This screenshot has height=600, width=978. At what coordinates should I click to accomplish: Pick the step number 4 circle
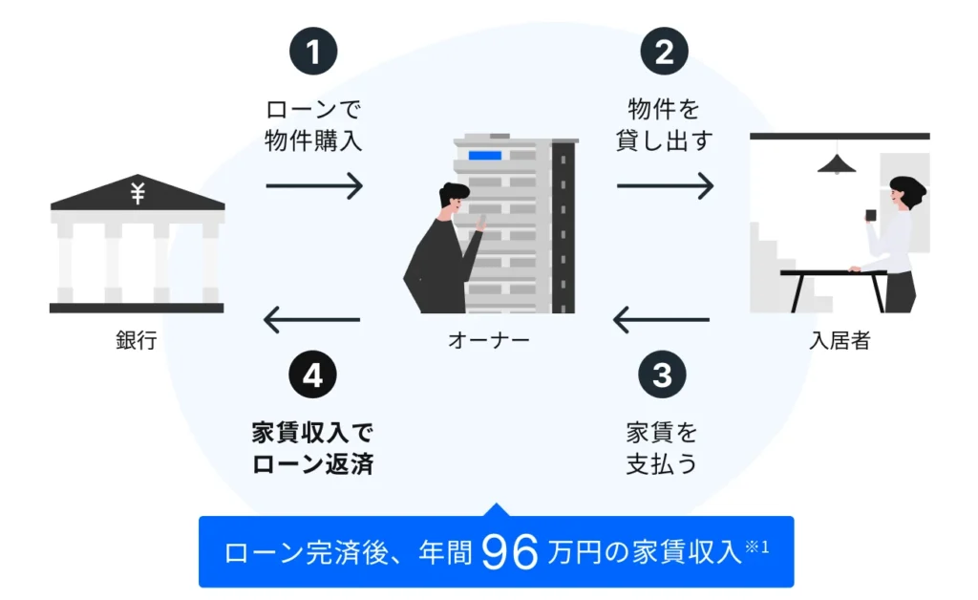[x=312, y=375]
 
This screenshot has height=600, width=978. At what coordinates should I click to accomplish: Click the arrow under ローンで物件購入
[x=313, y=185]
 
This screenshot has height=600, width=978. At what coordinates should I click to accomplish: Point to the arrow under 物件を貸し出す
[x=665, y=185]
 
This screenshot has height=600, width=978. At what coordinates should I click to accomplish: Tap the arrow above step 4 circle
[x=312, y=319]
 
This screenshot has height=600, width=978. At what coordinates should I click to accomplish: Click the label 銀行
[x=136, y=341]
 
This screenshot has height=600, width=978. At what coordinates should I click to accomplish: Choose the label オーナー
[x=488, y=341]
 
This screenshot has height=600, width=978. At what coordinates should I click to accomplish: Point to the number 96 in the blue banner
[x=511, y=552]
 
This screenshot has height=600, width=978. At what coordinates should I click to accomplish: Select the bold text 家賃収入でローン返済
[x=312, y=448]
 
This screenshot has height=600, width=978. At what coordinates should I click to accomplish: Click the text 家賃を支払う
[x=662, y=448]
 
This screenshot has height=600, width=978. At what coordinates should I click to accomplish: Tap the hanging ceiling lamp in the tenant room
[x=837, y=164]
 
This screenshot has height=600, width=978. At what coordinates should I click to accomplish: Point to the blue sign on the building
[x=484, y=156]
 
